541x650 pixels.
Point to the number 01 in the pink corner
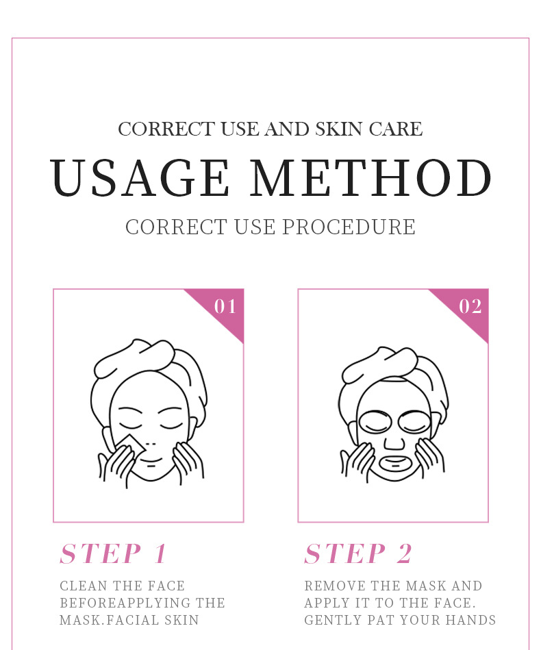pyautogui.click(x=225, y=306)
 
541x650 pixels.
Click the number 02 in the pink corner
pyautogui.click(x=470, y=306)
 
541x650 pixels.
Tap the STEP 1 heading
pyautogui.click(x=114, y=554)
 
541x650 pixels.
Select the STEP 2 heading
pyautogui.click(x=359, y=554)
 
